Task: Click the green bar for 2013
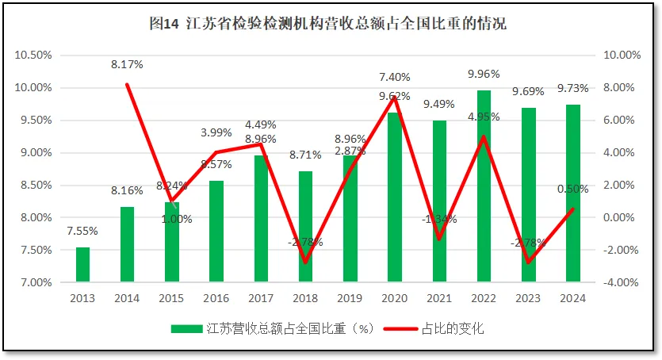pyautogui.click(x=82, y=264)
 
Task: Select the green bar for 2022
pyautogui.click(x=483, y=186)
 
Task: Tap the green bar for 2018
pyautogui.click(x=305, y=226)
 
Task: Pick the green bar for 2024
pyautogui.click(x=572, y=193)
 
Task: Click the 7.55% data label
pyautogui.click(x=82, y=232)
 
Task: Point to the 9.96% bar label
pyautogui.click(x=483, y=75)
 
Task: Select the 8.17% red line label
pyautogui.click(x=127, y=64)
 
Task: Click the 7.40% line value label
pyautogui.click(x=394, y=77)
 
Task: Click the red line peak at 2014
pyautogui.click(x=127, y=84)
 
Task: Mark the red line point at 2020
pyautogui.click(x=394, y=97)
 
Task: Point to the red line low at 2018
pyautogui.click(x=305, y=262)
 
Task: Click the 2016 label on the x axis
pyautogui.click(x=216, y=298)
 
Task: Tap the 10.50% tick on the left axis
pyautogui.click(x=34, y=56)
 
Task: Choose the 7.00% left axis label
pyautogui.click(x=36, y=282)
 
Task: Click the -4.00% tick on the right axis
pyautogui.click(x=622, y=282)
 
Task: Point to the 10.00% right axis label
pyautogui.click(x=622, y=56)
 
